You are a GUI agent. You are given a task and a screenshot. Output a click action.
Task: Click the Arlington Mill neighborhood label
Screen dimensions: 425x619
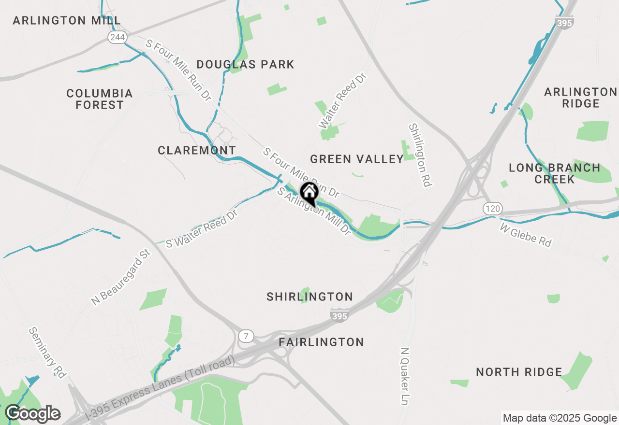(x=67, y=20)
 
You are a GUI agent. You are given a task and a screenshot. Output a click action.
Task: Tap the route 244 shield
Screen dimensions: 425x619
(x=117, y=37)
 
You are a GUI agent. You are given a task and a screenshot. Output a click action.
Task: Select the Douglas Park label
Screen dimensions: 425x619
(x=246, y=64)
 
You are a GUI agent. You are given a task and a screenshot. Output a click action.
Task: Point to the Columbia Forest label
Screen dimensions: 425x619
(x=100, y=99)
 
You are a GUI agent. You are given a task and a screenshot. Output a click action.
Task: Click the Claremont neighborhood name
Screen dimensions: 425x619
(x=197, y=150)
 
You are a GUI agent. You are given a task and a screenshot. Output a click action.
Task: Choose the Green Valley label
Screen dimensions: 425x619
(x=357, y=159)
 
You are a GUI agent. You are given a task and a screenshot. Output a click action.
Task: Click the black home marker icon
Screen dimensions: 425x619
(x=309, y=193)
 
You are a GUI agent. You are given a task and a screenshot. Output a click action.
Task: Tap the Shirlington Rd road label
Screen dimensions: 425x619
(x=420, y=155)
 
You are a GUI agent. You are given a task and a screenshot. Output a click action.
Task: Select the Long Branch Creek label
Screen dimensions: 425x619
(x=555, y=173)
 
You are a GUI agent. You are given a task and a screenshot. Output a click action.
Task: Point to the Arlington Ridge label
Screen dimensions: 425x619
(x=580, y=98)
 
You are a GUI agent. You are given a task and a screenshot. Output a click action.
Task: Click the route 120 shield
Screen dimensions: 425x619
(x=492, y=209)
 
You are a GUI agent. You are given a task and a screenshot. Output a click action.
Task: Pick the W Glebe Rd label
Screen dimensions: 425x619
(x=525, y=235)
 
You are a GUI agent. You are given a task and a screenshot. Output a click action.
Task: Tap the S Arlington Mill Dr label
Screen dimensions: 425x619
(x=313, y=212)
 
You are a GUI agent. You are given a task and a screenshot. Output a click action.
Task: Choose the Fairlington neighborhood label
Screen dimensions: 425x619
(x=321, y=342)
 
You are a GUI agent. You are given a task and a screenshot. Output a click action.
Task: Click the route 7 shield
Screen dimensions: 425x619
(x=246, y=336)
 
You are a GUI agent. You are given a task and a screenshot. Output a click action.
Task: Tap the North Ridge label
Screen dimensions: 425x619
(x=519, y=372)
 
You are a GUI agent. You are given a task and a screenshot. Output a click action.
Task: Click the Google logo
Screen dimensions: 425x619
(x=32, y=414)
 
